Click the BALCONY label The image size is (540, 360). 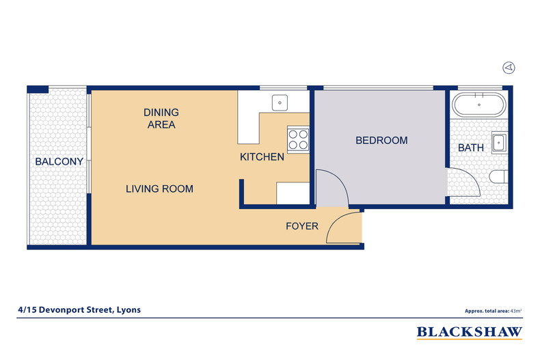click(59, 162)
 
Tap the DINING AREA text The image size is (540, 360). click(161, 118)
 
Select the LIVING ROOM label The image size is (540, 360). click(159, 189)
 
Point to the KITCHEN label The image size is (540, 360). click(262, 157)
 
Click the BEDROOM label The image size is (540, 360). click(381, 141)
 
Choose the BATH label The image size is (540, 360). click(470, 148)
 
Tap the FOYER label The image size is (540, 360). click(301, 225)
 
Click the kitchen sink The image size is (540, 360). click(280, 102)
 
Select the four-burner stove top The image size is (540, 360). click(298, 139)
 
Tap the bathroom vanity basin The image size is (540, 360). click(498, 143)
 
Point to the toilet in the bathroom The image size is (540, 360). click(498, 179)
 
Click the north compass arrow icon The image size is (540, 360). click(509, 67)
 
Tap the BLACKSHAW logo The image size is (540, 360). click(470, 333)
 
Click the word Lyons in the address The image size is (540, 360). click(128, 309)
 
